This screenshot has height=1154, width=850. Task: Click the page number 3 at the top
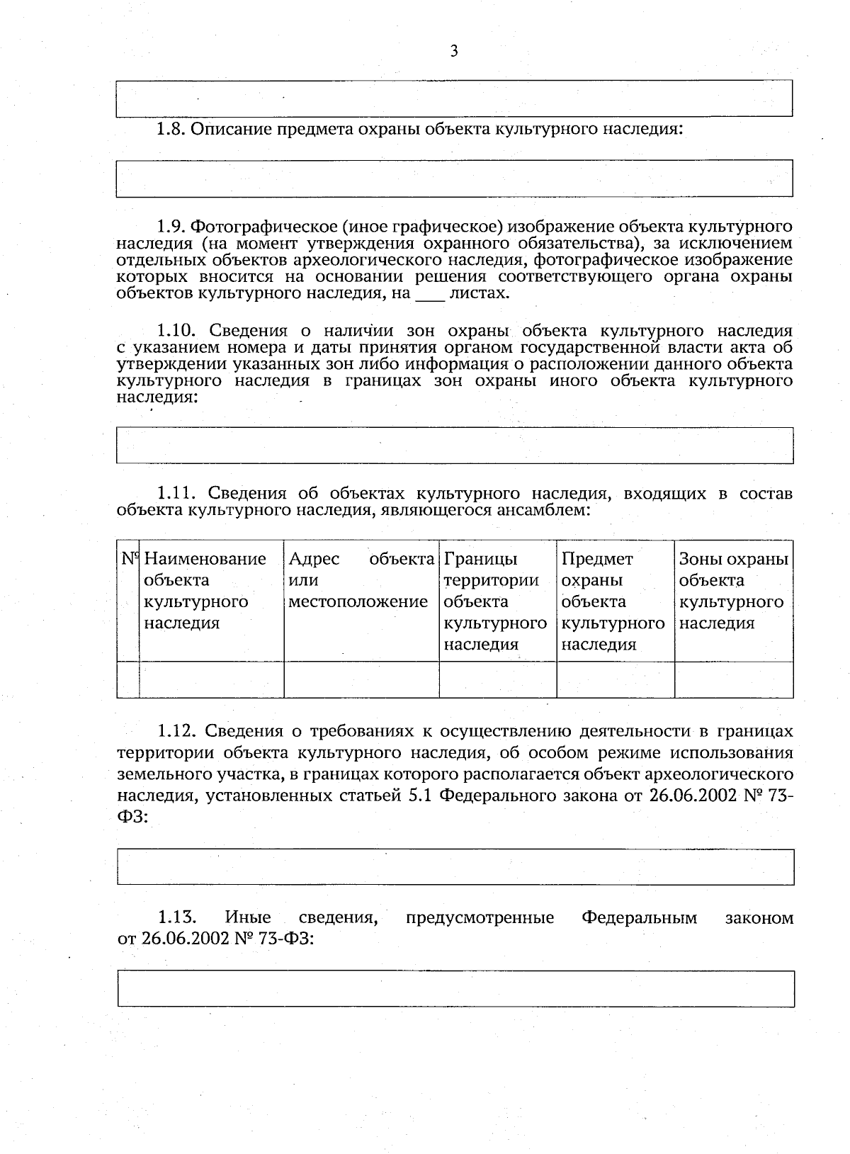(x=454, y=51)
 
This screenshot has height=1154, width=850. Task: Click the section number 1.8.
(x=171, y=130)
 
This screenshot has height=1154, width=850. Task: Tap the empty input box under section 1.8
(x=454, y=178)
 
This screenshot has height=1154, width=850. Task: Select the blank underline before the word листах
(x=429, y=294)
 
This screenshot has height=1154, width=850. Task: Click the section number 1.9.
(x=171, y=227)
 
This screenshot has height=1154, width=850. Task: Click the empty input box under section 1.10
(x=454, y=445)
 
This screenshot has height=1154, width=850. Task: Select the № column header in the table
(x=129, y=559)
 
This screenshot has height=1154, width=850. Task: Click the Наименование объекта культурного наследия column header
(x=205, y=591)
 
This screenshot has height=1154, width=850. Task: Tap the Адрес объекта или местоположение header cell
(x=361, y=580)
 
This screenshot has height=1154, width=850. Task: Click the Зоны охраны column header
(x=732, y=591)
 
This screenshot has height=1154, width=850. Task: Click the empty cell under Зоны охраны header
(x=733, y=679)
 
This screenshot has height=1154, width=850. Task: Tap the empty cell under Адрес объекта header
(x=361, y=679)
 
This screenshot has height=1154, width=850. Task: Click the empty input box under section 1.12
(x=455, y=866)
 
